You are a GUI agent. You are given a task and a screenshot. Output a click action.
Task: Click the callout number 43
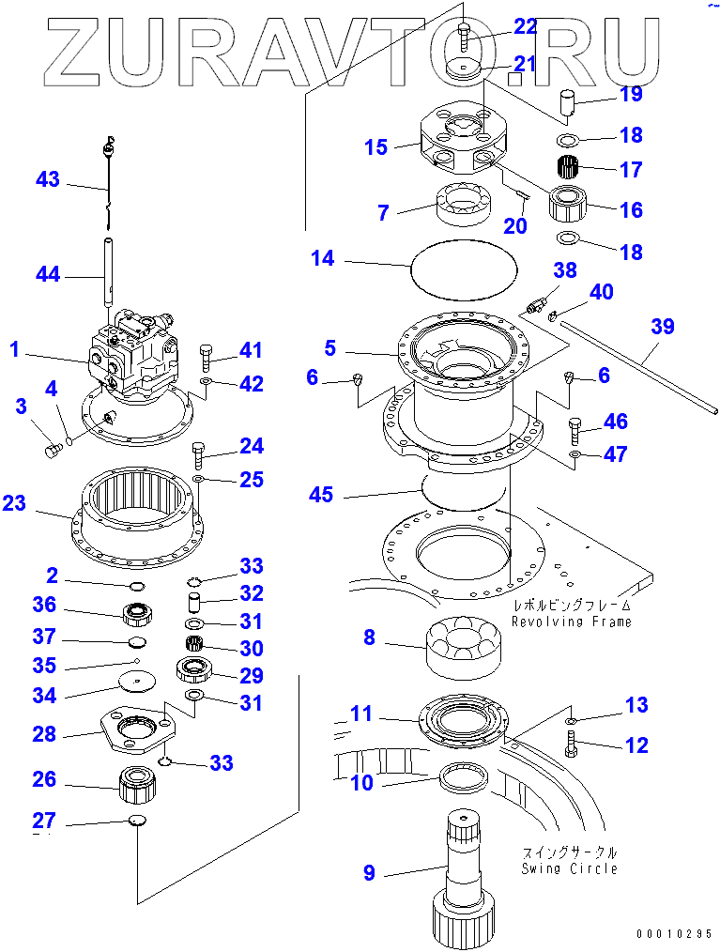[x=48, y=179]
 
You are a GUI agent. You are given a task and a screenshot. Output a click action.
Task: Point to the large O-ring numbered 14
[x=465, y=267]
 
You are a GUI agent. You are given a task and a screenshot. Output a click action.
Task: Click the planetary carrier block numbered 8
[x=466, y=645]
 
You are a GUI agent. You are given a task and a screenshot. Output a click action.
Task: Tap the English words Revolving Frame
[x=571, y=622]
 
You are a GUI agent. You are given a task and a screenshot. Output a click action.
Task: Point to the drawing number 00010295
[x=672, y=934]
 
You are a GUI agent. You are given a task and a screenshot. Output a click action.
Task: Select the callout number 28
[x=44, y=734]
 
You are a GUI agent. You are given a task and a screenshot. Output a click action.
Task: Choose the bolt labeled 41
[x=207, y=358]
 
